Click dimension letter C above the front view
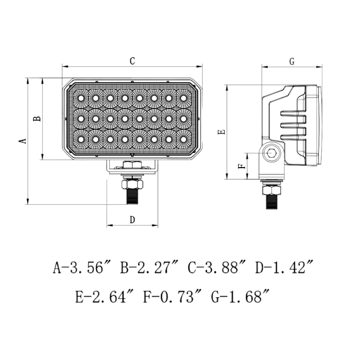click(x=132, y=61)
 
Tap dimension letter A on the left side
click(x=22, y=140)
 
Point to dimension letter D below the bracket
click(x=132, y=220)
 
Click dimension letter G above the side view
click(x=292, y=62)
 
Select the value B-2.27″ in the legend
click(x=150, y=268)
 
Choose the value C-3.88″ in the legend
click(x=217, y=268)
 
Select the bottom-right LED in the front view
click(x=184, y=139)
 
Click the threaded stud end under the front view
click(x=132, y=197)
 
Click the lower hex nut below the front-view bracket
click(x=132, y=184)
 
